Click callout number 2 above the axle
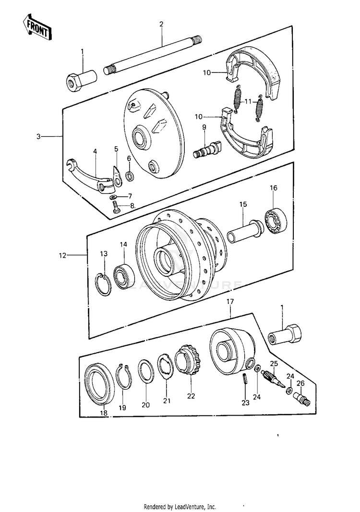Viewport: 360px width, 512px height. click(162, 24)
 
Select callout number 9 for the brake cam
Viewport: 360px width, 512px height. click(204, 127)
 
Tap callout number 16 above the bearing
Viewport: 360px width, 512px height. click(274, 188)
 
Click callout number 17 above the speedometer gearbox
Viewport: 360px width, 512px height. click(230, 301)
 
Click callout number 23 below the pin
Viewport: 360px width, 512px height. click(245, 403)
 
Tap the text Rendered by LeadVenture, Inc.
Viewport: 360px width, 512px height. click(180, 507)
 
